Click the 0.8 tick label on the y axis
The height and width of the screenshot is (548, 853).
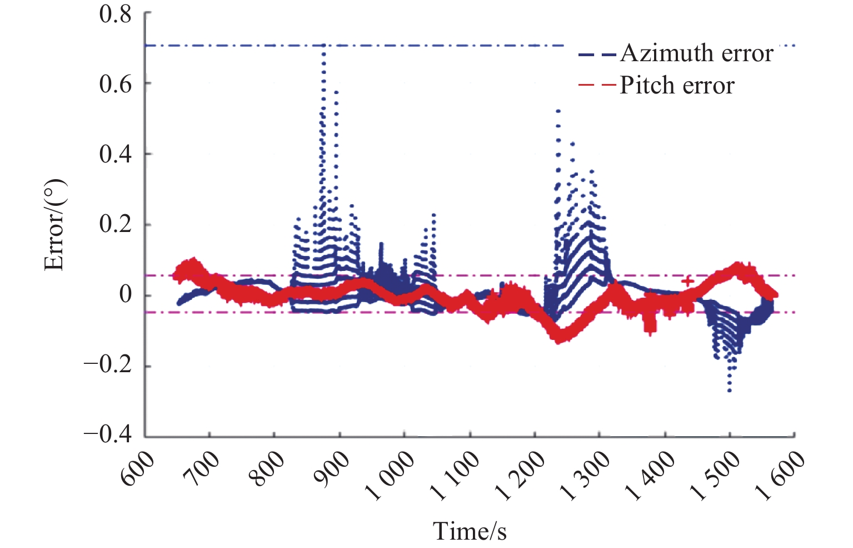tap(115, 14)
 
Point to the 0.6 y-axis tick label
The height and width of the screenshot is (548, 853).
tap(115, 84)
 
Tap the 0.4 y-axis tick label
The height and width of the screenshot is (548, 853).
tap(115, 154)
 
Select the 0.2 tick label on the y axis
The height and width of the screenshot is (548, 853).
tap(115, 225)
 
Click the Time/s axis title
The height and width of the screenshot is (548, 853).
tap(470, 531)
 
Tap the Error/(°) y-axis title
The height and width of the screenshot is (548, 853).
tap(54, 225)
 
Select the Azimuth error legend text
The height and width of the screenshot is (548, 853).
tap(696, 53)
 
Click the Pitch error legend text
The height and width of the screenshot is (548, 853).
tap(677, 86)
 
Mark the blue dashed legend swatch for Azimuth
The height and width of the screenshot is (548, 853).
tap(597, 55)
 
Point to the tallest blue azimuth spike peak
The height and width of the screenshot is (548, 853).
tap(323, 47)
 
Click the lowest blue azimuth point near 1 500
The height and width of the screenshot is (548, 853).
tap(730, 390)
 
